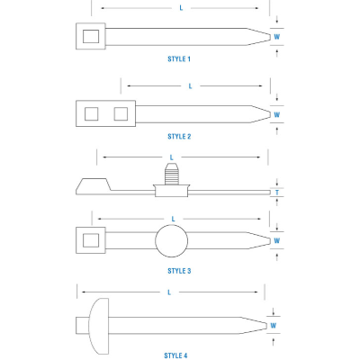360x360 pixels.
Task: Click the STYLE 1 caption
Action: [x=179, y=58]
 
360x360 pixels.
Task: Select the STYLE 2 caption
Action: [x=179, y=136]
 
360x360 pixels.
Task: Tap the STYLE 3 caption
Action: [x=179, y=270]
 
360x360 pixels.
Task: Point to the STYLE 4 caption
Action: [x=175, y=355]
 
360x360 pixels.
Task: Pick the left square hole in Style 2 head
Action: [x=89, y=114]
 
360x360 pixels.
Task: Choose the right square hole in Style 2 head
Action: [x=120, y=114]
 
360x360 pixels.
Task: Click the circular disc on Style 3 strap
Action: [x=173, y=241]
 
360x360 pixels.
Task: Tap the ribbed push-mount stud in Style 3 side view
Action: [x=172, y=170]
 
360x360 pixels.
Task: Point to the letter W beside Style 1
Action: [x=277, y=37]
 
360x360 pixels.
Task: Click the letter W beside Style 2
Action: [x=277, y=114]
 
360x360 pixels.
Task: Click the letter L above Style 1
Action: [x=182, y=8]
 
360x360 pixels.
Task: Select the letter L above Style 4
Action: [x=170, y=292]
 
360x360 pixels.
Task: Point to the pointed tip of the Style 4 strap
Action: [x=262, y=325]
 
